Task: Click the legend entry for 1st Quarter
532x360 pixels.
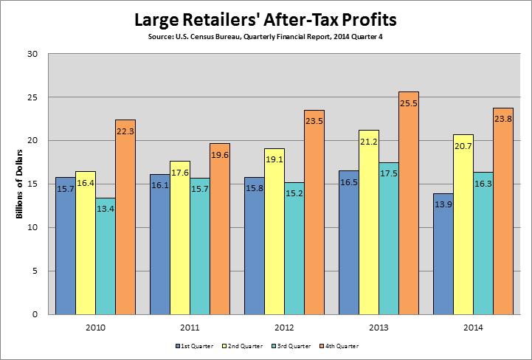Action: click(x=193, y=345)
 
